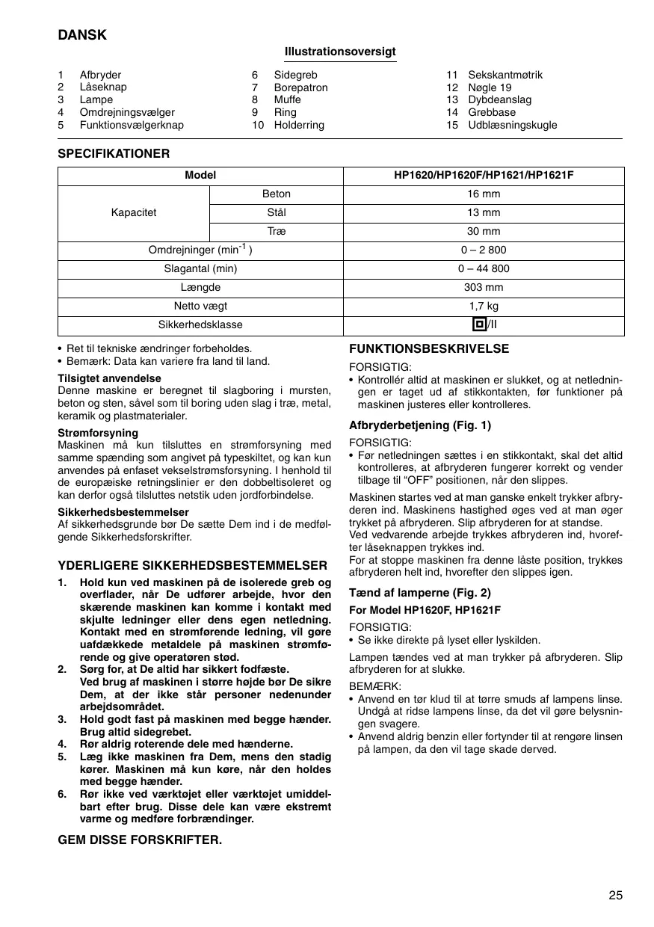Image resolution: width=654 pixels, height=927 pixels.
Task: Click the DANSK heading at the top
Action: tap(82, 35)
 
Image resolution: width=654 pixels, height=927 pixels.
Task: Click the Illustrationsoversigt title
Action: tap(340, 52)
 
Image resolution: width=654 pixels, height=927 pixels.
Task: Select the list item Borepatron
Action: tap(300, 87)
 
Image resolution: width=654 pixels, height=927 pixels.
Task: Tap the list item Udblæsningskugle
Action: tap(512, 125)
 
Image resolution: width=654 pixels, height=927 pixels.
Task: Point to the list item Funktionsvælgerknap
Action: tap(132, 125)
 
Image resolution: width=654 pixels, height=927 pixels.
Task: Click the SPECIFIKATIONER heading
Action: tap(114, 154)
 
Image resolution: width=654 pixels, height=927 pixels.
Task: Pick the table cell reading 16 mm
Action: tap(483, 194)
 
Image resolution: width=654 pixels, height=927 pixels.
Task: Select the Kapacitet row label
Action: tap(134, 213)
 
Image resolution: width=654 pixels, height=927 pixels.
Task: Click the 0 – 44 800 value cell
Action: tap(483, 268)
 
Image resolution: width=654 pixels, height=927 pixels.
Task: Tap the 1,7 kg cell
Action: tap(483, 306)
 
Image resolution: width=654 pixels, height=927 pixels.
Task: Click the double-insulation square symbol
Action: tap(478, 324)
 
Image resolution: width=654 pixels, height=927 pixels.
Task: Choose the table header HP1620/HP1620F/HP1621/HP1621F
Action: tap(483, 176)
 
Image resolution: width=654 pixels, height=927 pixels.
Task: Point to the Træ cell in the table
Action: tap(277, 232)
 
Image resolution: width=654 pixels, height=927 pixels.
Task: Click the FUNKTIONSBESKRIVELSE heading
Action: tap(429, 349)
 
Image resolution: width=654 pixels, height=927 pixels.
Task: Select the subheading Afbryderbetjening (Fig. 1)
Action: tap(419, 425)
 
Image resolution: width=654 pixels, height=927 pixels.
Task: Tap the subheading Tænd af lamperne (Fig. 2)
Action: tap(419, 593)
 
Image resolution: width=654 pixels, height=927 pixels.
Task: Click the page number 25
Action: tap(615, 896)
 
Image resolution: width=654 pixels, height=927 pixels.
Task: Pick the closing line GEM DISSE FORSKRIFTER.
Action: tap(140, 840)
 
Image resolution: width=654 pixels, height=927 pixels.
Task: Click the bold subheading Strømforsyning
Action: tap(98, 433)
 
